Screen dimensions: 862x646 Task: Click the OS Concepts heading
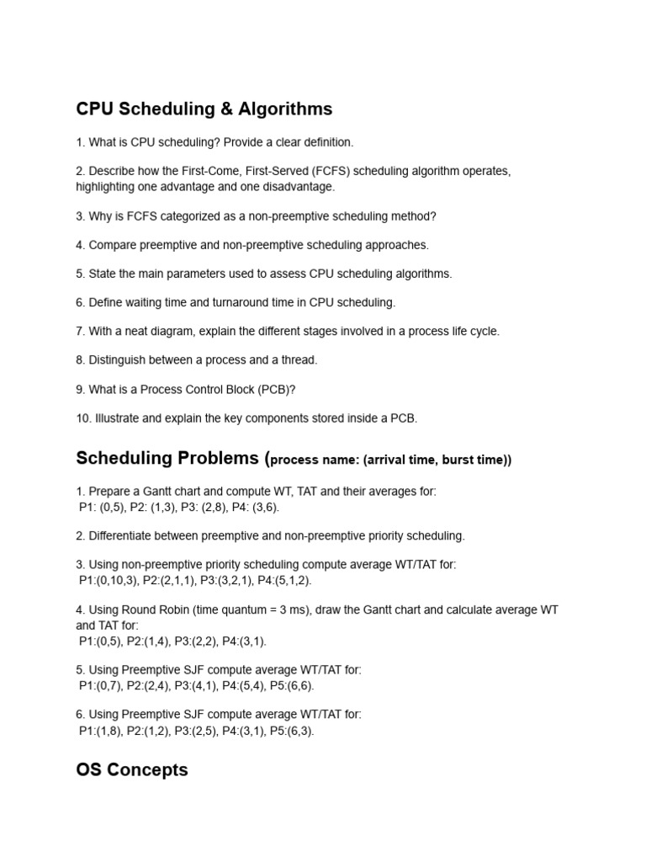(132, 770)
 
